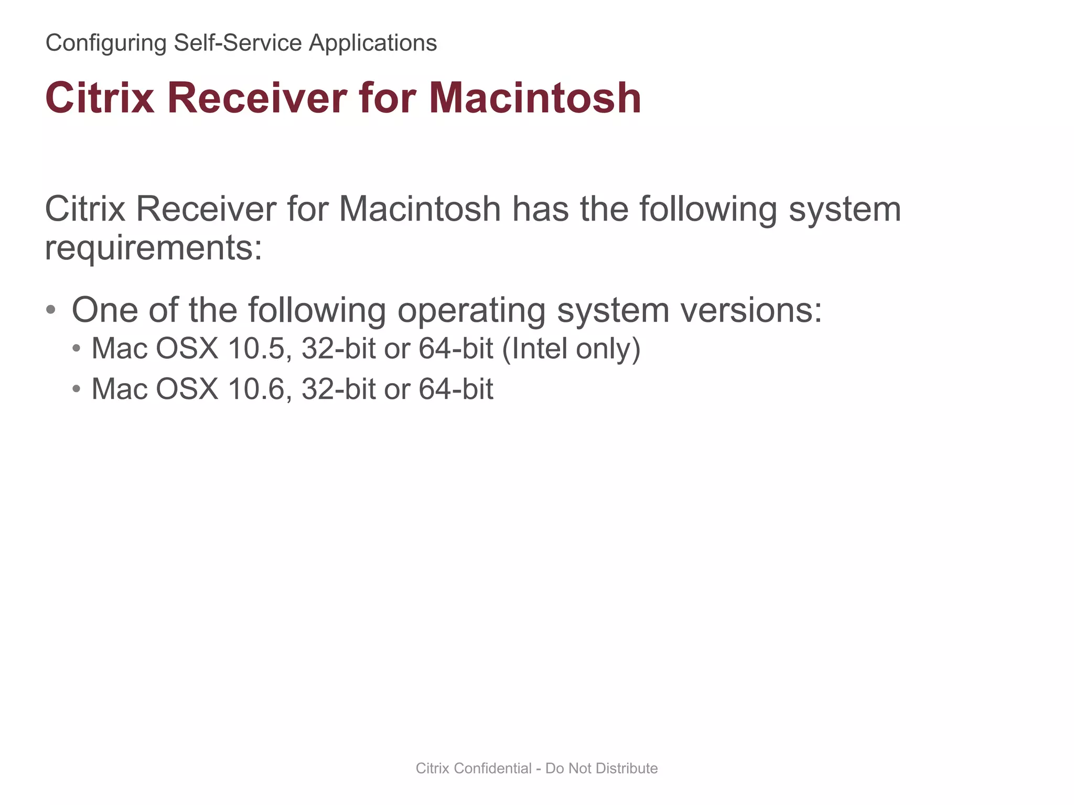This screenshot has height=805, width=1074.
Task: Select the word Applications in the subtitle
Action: point(372,43)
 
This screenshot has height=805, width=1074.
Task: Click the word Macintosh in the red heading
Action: point(535,98)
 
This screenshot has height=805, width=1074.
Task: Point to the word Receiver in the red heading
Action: point(257,98)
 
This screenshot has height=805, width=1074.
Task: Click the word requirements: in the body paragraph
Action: point(153,247)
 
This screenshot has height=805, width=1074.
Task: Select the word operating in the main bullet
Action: point(471,310)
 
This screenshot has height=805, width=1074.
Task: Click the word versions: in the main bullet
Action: point(751,310)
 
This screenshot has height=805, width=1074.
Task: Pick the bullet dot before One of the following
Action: point(51,310)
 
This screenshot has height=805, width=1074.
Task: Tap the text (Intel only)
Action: point(571,349)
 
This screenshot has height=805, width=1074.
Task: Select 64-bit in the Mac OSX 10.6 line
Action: point(456,389)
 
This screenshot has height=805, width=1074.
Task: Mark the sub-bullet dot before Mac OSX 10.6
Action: point(77,389)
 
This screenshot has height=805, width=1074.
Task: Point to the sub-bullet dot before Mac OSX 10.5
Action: point(77,349)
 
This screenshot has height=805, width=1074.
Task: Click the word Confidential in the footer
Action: point(492,768)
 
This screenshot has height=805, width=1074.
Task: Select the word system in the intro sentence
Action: point(845,209)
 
